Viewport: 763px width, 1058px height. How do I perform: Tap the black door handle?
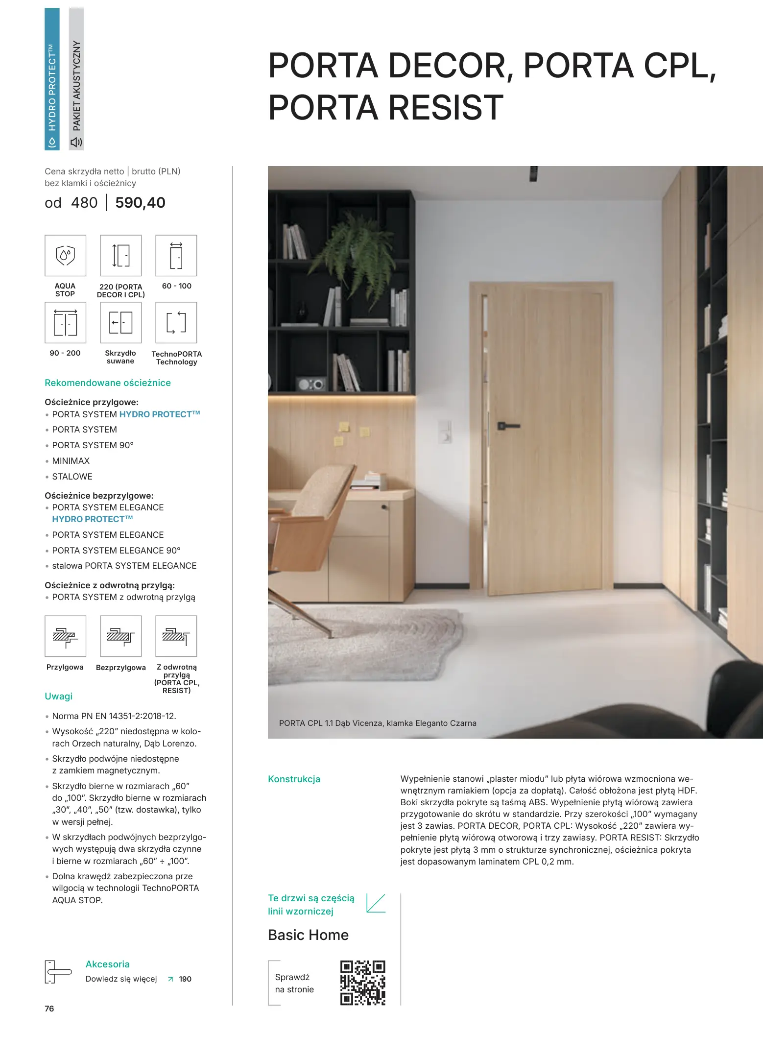(x=508, y=426)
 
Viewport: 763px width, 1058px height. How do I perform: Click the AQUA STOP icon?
(x=65, y=256)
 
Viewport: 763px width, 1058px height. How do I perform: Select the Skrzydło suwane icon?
(x=120, y=322)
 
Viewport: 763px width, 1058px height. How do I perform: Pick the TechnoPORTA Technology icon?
(x=176, y=322)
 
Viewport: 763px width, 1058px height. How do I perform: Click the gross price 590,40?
(x=140, y=203)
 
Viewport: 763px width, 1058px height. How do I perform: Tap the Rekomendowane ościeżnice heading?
(x=108, y=383)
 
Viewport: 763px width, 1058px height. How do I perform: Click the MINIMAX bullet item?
(x=71, y=461)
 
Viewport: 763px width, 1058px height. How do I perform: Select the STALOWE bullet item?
(x=72, y=477)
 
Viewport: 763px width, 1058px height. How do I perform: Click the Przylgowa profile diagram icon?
(x=65, y=636)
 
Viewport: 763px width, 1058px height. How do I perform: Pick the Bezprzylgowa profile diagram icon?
(x=120, y=636)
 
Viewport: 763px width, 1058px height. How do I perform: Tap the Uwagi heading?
(x=58, y=696)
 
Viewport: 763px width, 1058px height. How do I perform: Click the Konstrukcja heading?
(x=294, y=779)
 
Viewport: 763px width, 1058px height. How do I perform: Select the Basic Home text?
(x=308, y=935)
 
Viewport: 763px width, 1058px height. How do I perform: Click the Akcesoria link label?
(x=107, y=964)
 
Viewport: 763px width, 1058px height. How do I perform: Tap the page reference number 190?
(x=185, y=979)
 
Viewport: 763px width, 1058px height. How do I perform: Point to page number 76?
(x=49, y=1009)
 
